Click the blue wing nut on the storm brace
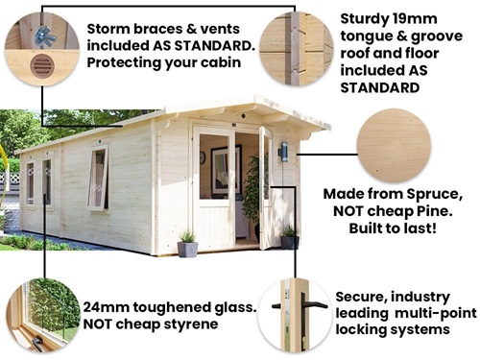coord(45,36)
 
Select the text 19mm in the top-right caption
coord(411,18)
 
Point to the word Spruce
coord(434,194)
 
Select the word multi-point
coord(436,313)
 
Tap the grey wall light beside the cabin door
coord(283,152)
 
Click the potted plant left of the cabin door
coord(187,244)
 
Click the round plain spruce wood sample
coord(394,146)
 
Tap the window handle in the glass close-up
coord(37,342)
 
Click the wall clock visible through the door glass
coord(203,157)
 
